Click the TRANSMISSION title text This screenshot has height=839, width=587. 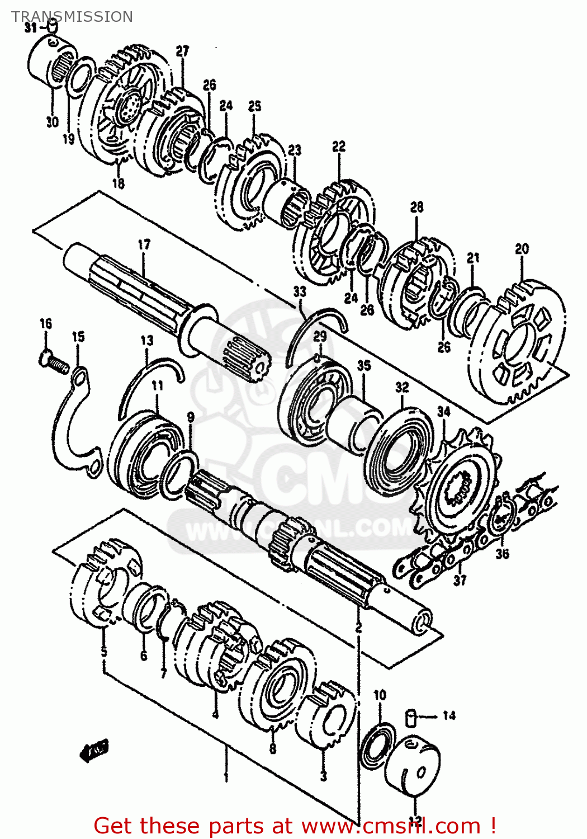pos(72,17)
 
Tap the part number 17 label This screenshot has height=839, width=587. pos(144,244)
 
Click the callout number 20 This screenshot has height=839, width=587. pos(522,249)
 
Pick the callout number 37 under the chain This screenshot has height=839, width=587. pos(460,581)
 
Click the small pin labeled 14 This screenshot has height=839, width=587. pos(411,717)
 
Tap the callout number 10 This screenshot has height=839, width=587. pos(380,695)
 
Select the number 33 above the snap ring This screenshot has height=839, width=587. pos(300,291)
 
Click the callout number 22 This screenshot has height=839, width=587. pos(339,147)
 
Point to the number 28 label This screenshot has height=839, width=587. pos(417,208)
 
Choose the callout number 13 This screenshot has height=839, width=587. pos(146,340)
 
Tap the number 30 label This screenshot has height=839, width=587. pos(52,121)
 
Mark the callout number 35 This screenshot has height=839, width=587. pos(364,366)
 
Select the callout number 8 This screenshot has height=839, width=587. pos(272,748)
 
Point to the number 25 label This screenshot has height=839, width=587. pos(254,106)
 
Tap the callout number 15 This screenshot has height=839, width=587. pos(78,337)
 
